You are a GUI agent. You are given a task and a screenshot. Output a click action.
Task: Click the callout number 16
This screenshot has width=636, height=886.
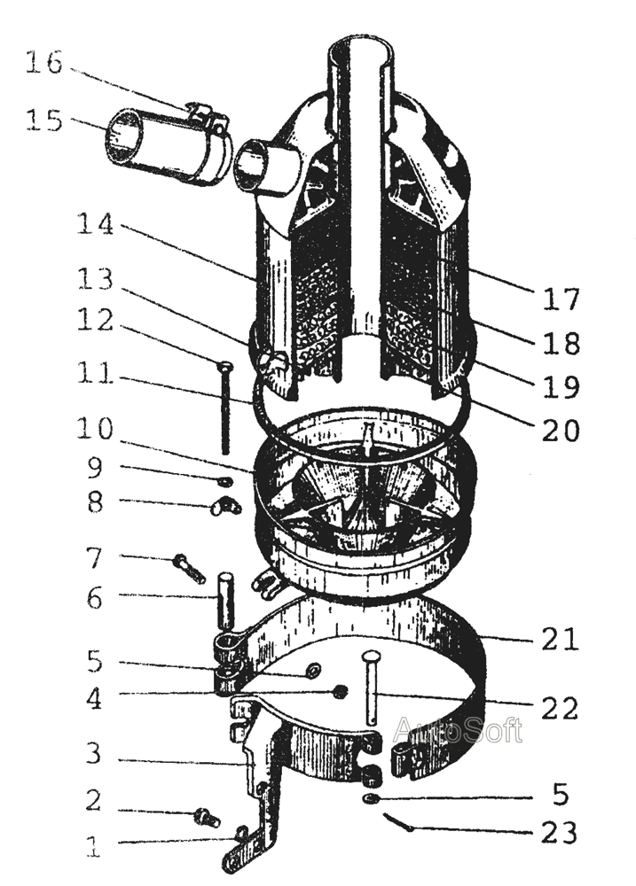pyautogui.click(x=43, y=64)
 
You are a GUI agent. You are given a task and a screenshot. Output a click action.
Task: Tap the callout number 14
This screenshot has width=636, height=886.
pyautogui.click(x=94, y=225)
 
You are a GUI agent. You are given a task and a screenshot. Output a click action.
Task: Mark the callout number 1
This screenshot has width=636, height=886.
pyautogui.click(x=93, y=847)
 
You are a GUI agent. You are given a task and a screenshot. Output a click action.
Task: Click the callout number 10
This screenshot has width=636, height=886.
pyautogui.click(x=94, y=431)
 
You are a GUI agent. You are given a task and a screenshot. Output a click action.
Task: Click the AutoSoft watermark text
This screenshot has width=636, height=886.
pyautogui.click(x=458, y=730)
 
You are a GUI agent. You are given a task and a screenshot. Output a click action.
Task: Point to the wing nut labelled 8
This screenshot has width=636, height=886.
pyautogui.click(x=225, y=507)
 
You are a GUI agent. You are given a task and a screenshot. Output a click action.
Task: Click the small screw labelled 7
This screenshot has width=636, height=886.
pyautogui.click(x=190, y=567)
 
